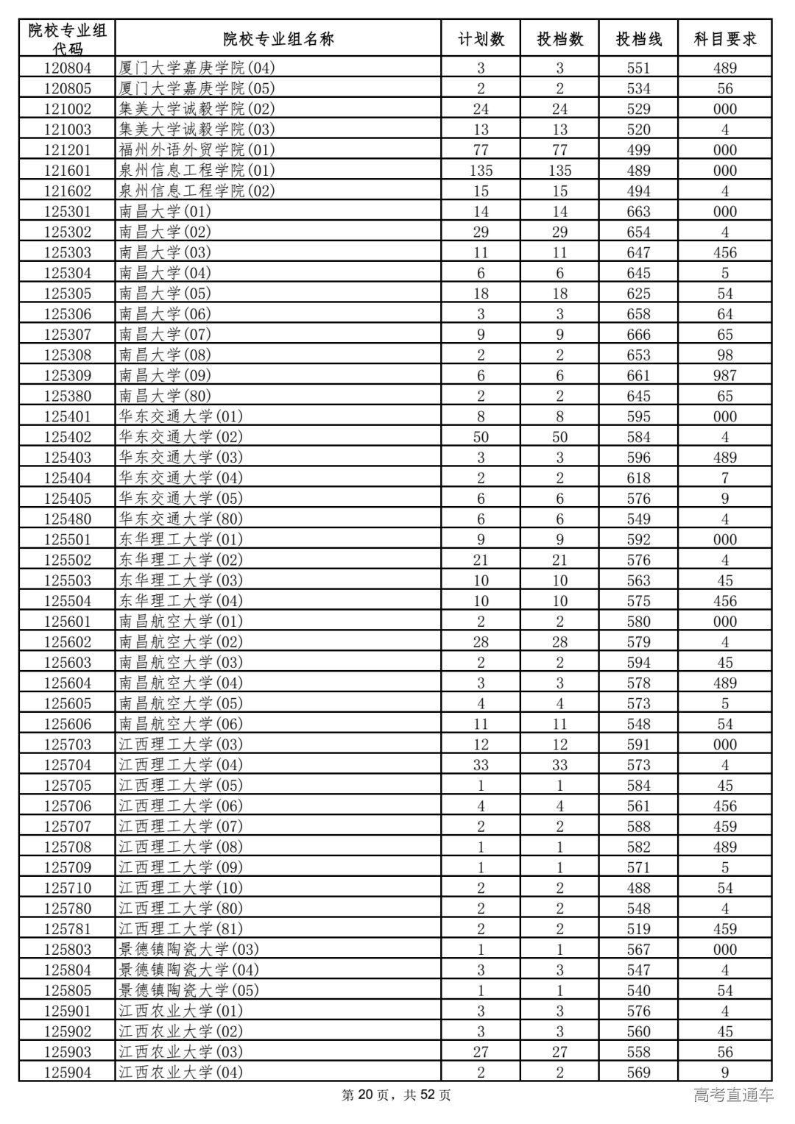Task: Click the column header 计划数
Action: tap(481, 39)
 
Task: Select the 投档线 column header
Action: tap(638, 39)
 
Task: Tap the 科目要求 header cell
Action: tap(724, 39)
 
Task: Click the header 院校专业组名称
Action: tap(278, 39)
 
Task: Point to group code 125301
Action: tap(68, 211)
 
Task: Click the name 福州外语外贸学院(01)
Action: tap(197, 150)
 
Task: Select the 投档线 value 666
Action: tap(638, 335)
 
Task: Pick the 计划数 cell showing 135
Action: tap(481, 171)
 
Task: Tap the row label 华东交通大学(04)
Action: tap(180, 478)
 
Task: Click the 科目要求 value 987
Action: tap(724, 375)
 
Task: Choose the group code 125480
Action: tap(68, 519)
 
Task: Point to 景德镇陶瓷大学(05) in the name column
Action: tap(188, 990)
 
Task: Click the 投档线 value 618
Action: tap(638, 478)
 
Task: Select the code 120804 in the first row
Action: tap(68, 68)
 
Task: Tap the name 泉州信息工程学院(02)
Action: tap(197, 191)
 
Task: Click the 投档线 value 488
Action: tap(638, 888)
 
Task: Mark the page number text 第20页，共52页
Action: tap(397, 1095)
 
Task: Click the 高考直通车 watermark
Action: tap(733, 1095)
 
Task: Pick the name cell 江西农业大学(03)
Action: tap(180, 1052)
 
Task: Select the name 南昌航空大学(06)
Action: tap(180, 724)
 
